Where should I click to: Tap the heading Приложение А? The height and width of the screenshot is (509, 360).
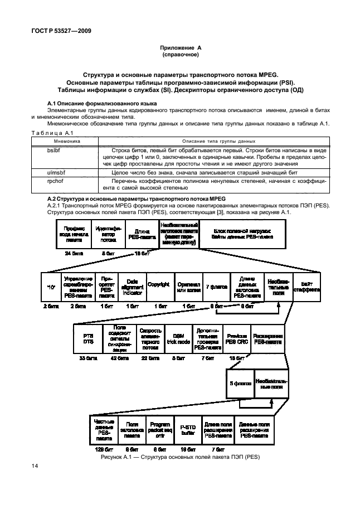(x=179, y=49)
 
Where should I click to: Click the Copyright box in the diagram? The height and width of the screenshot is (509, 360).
(x=158, y=284)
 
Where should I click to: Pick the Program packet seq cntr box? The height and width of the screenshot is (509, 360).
(x=160, y=429)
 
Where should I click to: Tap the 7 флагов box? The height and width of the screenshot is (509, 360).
(x=217, y=285)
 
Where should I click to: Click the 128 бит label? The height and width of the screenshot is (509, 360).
(x=103, y=449)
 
